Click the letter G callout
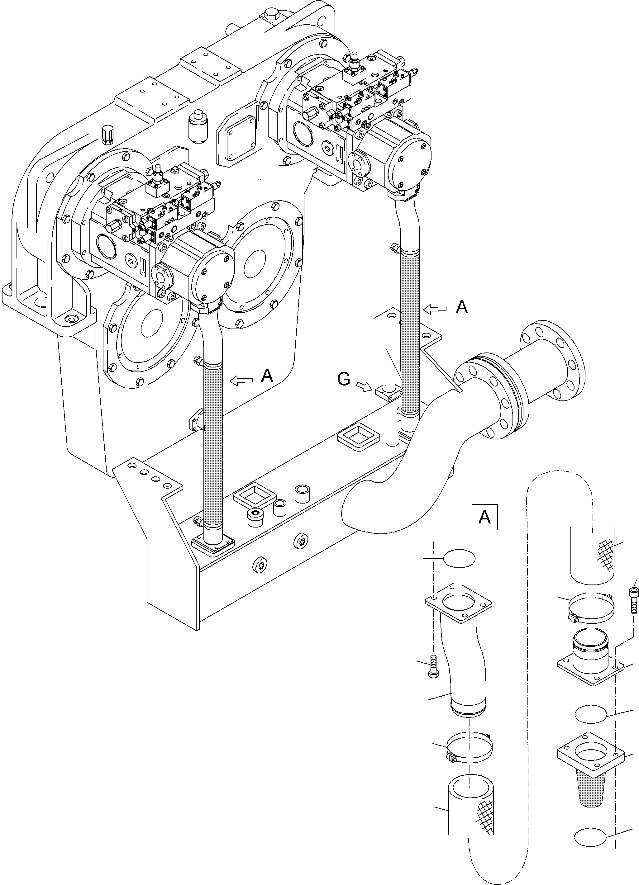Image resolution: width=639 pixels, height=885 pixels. [x=344, y=379]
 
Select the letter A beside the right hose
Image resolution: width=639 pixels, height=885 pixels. [x=461, y=308]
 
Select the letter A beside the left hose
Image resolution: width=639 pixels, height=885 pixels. [x=267, y=376]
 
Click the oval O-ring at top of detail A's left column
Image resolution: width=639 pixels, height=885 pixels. [x=459, y=558]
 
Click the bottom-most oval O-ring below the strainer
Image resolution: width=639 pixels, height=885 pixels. [x=590, y=836]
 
